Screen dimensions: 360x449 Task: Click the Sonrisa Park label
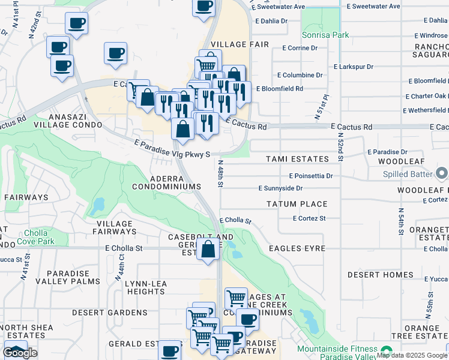pos(325,35)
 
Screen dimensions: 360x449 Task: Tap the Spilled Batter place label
pos(408,174)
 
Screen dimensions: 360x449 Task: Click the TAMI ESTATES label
pos(298,159)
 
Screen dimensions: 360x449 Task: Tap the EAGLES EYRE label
pos(297,248)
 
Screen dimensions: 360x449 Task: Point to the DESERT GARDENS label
pos(101,313)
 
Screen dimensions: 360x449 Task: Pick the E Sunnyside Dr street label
pos(285,188)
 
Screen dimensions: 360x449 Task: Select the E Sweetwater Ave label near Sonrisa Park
pos(279,7)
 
